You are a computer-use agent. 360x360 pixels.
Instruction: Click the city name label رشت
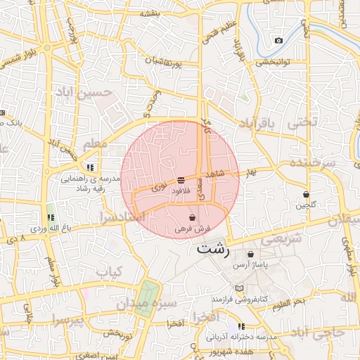tap(212, 250)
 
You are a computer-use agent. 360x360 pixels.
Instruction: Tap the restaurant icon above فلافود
tap(181, 179)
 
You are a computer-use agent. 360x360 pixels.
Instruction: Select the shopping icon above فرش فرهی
tap(193, 219)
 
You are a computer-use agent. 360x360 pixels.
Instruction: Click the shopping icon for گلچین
tap(307, 194)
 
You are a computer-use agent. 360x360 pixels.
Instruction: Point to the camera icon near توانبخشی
tap(279, 40)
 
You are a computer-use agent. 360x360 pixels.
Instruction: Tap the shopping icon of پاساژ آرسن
tap(251, 254)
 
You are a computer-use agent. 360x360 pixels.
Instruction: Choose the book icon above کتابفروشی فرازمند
tap(239, 289)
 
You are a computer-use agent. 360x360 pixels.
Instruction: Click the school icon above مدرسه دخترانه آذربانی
tap(242, 326)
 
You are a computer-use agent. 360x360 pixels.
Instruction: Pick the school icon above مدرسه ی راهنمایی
tap(90, 167)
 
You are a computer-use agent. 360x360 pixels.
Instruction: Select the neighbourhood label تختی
tap(302, 122)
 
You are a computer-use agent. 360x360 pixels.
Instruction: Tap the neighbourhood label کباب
tap(109, 271)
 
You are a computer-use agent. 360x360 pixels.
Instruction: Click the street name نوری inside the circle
tap(160, 188)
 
